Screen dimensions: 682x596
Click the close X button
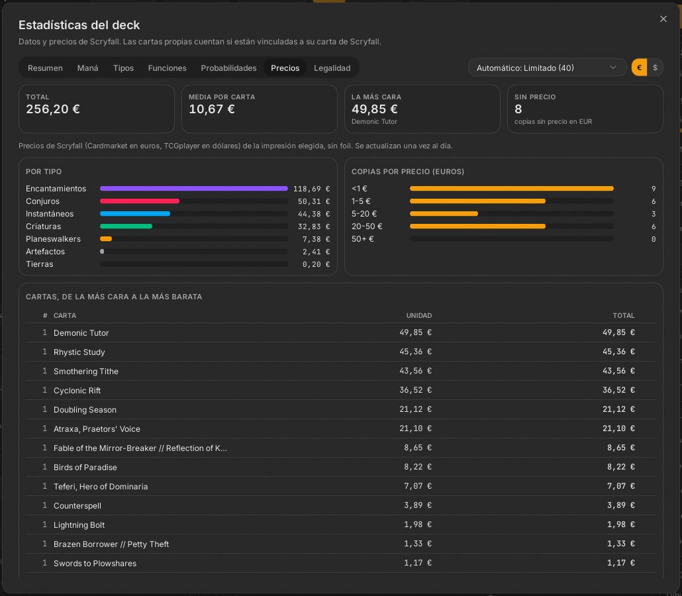[x=663, y=19]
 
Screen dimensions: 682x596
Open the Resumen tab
[x=45, y=68]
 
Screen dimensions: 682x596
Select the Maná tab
[x=87, y=68]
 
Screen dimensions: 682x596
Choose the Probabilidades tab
[x=228, y=68]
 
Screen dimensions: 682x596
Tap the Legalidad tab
[x=332, y=68]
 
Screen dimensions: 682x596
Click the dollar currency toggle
[x=655, y=68]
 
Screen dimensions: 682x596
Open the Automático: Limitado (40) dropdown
[x=547, y=68]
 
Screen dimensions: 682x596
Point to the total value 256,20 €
[x=52, y=109]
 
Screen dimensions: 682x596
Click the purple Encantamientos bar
[x=193, y=188]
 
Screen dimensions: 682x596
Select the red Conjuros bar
[x=140, y=201]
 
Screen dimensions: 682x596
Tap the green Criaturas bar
[x=126, y=226]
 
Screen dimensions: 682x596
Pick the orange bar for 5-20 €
[x=444, y=214]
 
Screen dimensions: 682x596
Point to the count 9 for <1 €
[x=654, y=189]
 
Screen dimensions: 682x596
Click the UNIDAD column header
[x=419, y=315]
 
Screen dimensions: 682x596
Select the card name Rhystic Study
[x=79, y=352]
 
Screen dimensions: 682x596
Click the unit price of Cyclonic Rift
[x=415, y=390]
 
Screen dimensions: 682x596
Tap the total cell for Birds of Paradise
[x=620, y=467]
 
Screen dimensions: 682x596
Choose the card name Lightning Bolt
[x=79, y=524]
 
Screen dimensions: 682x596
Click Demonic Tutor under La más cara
[x=374, y=122]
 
